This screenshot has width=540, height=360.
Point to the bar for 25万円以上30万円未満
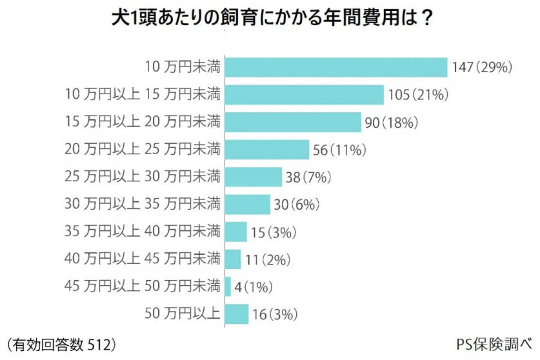coord(254,177)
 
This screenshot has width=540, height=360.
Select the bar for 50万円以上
coord(237,314)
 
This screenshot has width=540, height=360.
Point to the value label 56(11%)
coord(339,150)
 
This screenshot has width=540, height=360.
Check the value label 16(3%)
coord(273,314)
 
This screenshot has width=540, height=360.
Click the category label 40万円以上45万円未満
coord(143,259)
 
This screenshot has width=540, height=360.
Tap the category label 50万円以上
coord(183,314)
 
